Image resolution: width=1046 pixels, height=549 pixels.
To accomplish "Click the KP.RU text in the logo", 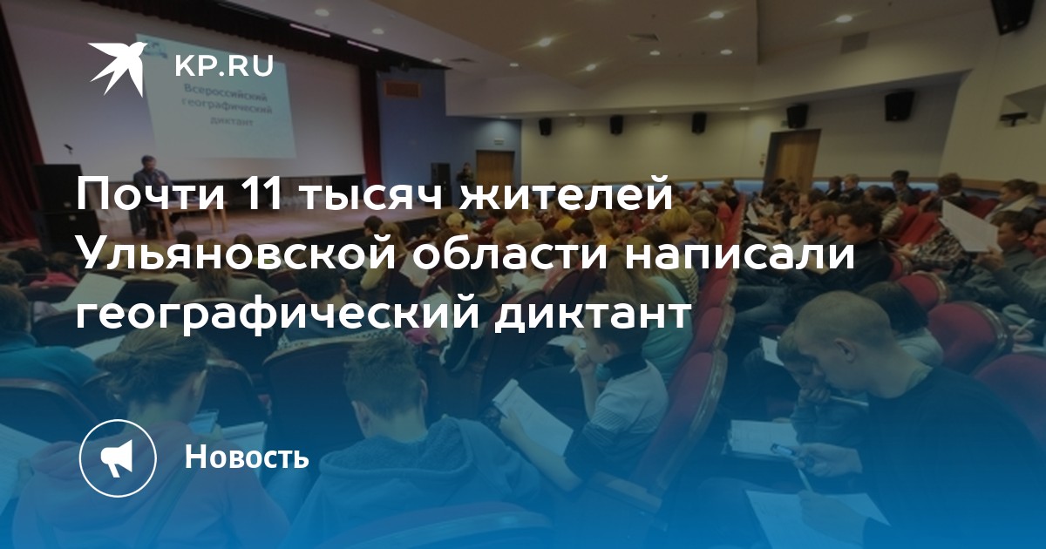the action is pos(224,66).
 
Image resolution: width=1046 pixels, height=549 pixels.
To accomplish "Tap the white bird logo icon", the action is pos(119,68).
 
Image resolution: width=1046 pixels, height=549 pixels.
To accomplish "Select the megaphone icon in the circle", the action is pos(118,457).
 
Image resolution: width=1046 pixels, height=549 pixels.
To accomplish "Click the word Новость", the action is pos(247,456).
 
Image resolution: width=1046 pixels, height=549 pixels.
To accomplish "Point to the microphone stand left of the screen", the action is pos(69,154).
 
